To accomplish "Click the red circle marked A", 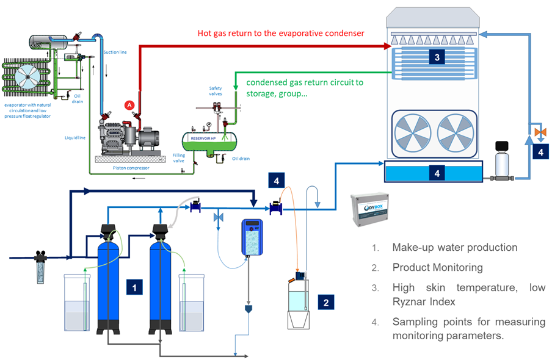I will [x=129, y=105].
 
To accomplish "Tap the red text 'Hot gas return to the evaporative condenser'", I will [x=281, y=33].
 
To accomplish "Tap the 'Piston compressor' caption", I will [x=131, y=167].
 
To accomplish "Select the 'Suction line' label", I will [x=115, y=52].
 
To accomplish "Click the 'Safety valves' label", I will [x=216, y=90].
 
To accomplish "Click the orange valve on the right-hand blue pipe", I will [x=538, y=131].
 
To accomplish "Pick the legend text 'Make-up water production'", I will [x=455, y=248].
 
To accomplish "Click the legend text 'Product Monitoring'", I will [x=437, y=267].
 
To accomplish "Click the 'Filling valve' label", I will [x=178, y=157].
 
